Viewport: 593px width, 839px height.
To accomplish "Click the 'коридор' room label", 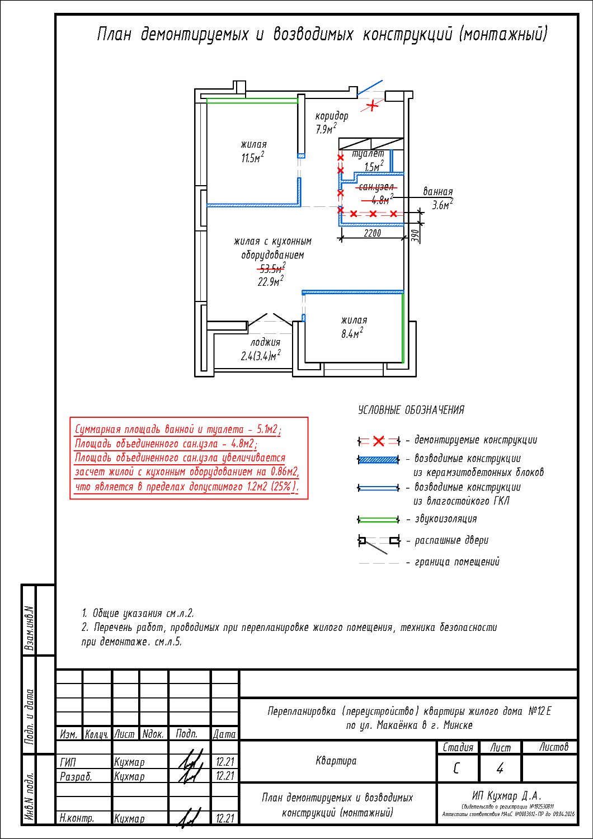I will click(x=332, y=116).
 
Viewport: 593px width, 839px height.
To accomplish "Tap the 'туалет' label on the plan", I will click(x=368, y=154).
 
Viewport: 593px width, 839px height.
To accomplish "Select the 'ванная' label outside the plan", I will click(x=438, y=192).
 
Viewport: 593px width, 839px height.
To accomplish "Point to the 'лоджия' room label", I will click(x=265, y=342).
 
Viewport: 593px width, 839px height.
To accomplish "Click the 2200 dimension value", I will click(x=372, y=233).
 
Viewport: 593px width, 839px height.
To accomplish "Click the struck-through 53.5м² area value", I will click(x=272, y=268).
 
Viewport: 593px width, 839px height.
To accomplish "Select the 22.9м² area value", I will click(x=270, y=282).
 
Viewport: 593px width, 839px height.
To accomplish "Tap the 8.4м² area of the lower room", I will click(x=352, y=334).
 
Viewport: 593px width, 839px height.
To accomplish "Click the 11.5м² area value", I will click(x=252, y=158).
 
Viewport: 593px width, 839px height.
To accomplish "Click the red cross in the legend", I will click(x=379, y=441).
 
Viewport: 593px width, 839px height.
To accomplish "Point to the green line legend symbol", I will click(x=379, y=520).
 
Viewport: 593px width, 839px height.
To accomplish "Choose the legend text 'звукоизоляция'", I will click(x=446, y=519).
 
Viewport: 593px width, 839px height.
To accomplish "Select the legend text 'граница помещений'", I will click(x=456, y=562).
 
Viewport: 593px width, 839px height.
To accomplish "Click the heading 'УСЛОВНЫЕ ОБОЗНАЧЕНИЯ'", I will click(x=411, y=410).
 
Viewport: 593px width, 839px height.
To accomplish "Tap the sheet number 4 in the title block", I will click(x=500, y=769).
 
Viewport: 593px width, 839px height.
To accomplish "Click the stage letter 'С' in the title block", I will click(x=456, y=769).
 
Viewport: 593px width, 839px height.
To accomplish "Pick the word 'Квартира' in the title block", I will click(x=336, y=761).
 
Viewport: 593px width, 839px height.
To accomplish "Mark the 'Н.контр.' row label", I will click(x=77, y=818).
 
